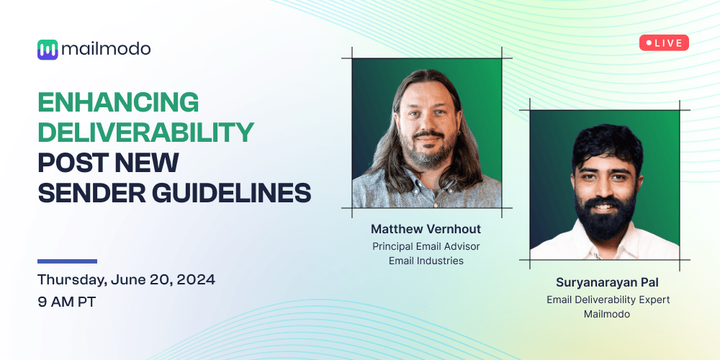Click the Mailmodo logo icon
click(48, 50)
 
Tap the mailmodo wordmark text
click(106, 49)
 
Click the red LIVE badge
click(664, 43)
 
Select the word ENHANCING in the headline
click(118, 103)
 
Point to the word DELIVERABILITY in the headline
click(145, 132)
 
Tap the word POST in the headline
click(71, 163)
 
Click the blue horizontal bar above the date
click(67, 261)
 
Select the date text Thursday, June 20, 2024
click(126, 279)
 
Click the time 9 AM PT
click(67, 302)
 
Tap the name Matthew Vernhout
click(426, 229)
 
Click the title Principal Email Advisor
click(426, 246)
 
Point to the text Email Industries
click(426, 261)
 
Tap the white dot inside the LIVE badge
click(649, 43)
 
